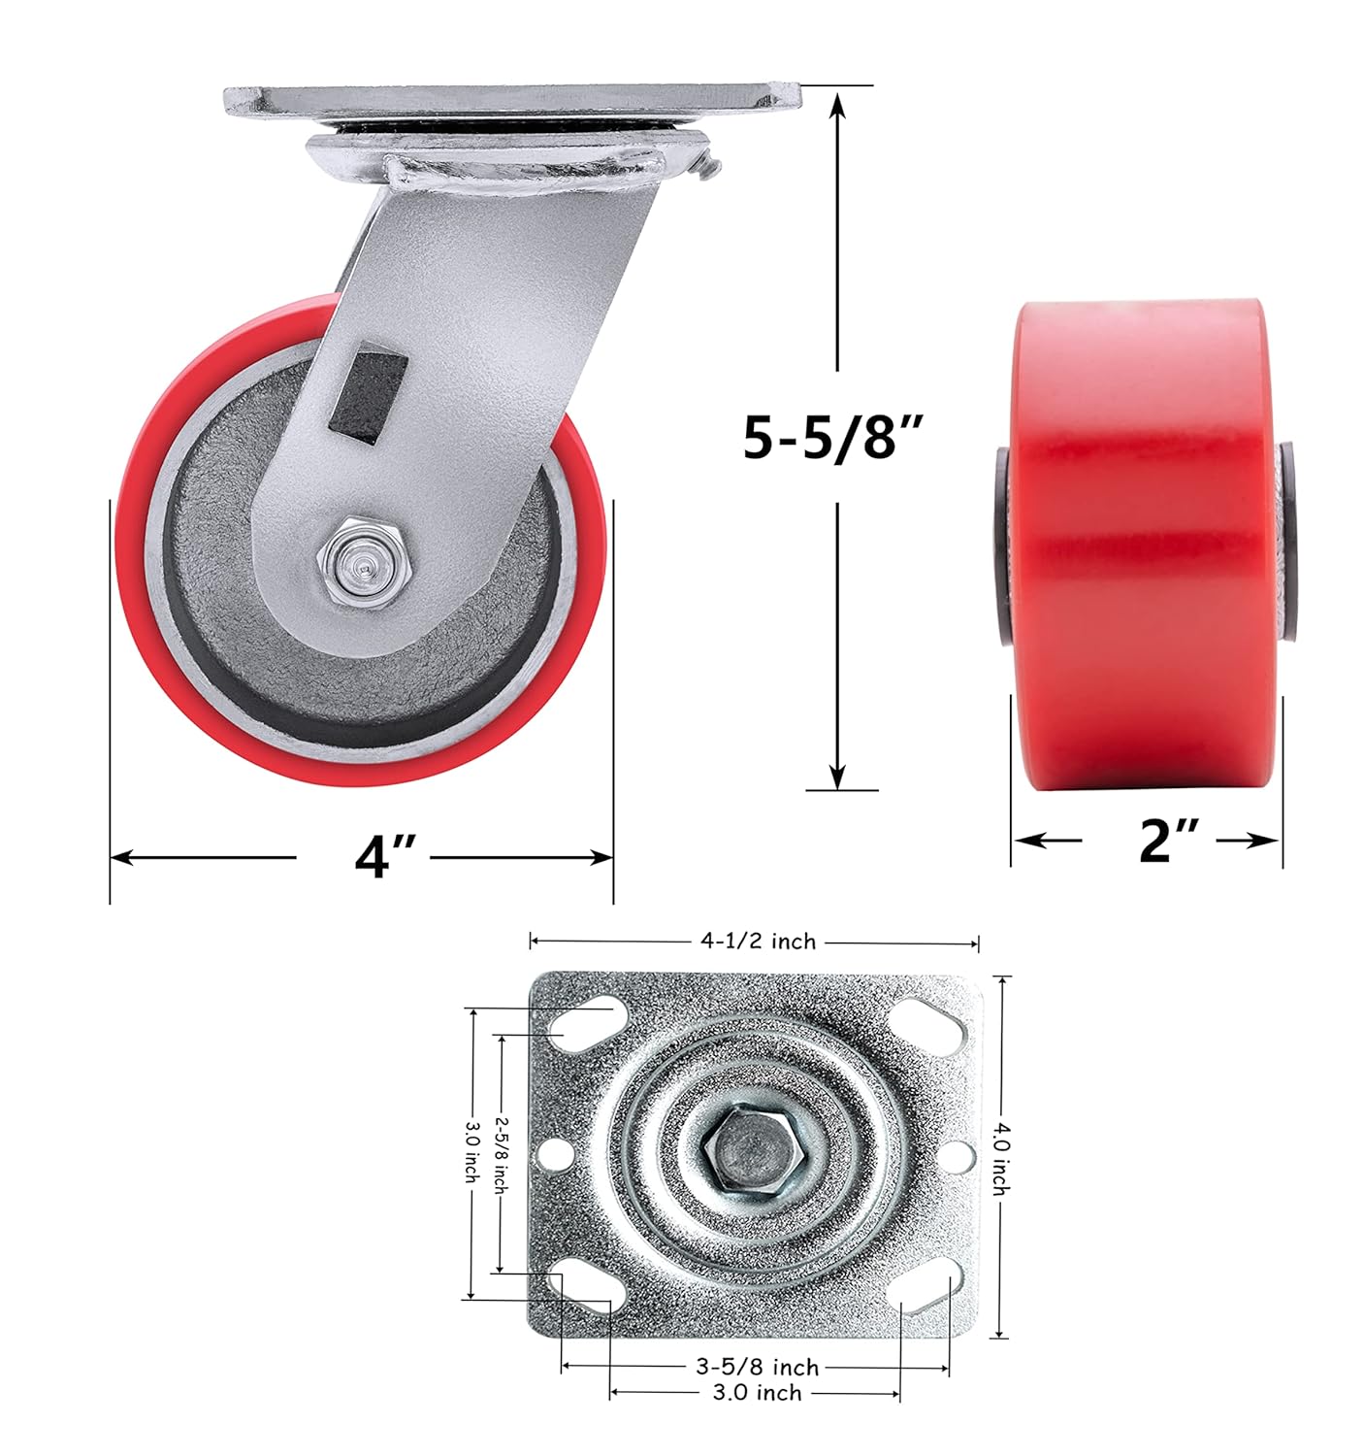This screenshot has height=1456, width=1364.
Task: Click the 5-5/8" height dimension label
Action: click(832, 438)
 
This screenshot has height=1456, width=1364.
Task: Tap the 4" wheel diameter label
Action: click(385, 855)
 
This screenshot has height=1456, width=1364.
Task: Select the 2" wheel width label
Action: click(1169, 840)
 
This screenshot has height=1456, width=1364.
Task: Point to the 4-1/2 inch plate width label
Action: click(757, 942)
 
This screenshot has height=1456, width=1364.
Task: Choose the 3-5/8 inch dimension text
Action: click(757, 1367)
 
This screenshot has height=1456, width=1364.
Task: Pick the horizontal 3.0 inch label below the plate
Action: click(757, 1392)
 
